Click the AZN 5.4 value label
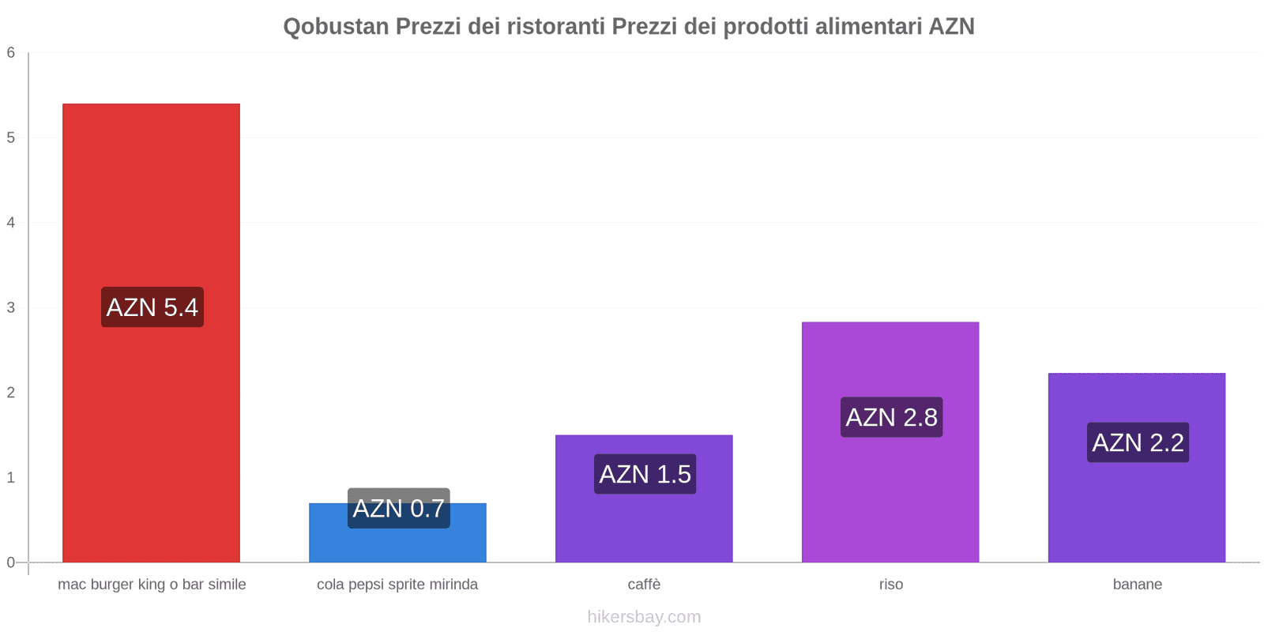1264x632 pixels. coord(152,307)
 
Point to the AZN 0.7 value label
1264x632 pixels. coord(399,508)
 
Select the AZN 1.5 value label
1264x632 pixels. coord(645,474)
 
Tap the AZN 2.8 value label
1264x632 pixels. coord(892,417)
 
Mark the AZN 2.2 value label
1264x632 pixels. coord(1138,442)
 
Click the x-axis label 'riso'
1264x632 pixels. coord(891,585)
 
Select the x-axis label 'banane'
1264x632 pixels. coord(1138,585)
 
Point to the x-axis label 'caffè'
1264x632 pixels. coord(644,585)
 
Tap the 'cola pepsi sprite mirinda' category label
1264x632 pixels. coord(397,585)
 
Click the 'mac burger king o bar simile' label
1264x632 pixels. coord(152,585)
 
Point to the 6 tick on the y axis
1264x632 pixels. coord(11,53)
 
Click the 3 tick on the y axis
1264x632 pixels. coord(11,307)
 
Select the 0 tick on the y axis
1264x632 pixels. coord(11,562)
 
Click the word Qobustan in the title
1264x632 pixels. coord(336,27)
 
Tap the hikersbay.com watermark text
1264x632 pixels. coord(644,617)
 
